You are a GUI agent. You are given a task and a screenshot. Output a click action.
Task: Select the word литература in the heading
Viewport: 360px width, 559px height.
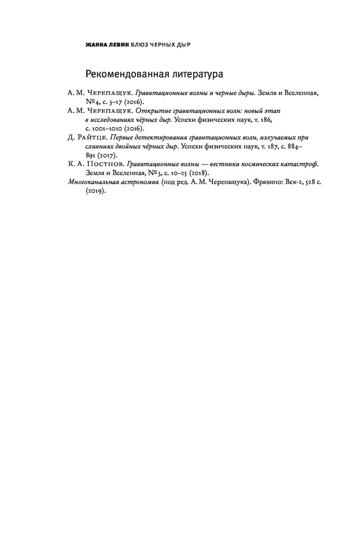coord(195,74)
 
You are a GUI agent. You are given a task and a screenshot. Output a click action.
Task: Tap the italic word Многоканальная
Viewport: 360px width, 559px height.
coord(92,182)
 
